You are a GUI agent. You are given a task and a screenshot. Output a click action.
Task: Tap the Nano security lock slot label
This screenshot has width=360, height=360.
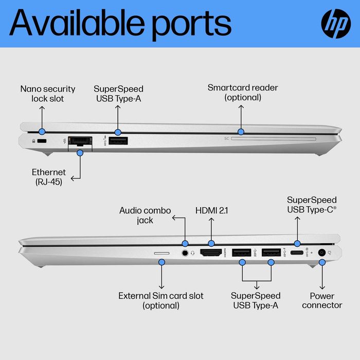48,94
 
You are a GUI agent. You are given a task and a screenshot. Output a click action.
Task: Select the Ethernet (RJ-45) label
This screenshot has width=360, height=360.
49,177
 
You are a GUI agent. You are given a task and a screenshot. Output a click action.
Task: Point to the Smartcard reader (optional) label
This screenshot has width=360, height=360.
243,93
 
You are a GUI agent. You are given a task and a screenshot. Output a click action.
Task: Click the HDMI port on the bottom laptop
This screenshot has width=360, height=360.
211,253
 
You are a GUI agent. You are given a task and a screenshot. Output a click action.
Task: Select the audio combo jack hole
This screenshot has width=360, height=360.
185,253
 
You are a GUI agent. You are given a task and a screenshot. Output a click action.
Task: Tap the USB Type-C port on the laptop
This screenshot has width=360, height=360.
297,253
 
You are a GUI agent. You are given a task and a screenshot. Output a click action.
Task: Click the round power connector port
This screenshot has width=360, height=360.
322,253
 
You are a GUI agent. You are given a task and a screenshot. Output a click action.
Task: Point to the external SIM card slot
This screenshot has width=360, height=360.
161,253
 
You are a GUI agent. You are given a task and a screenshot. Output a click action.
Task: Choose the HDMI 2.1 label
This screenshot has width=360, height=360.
212,210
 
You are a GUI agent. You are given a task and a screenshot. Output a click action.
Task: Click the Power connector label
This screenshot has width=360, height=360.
322,300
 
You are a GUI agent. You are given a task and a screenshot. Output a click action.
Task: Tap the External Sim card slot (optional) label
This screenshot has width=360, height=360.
161,300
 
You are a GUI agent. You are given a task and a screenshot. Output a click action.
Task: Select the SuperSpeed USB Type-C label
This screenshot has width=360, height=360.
312,205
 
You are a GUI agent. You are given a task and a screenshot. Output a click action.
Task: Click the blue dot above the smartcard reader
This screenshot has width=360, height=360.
241,132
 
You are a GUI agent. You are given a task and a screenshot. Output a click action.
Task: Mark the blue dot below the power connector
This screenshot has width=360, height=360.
322,262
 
